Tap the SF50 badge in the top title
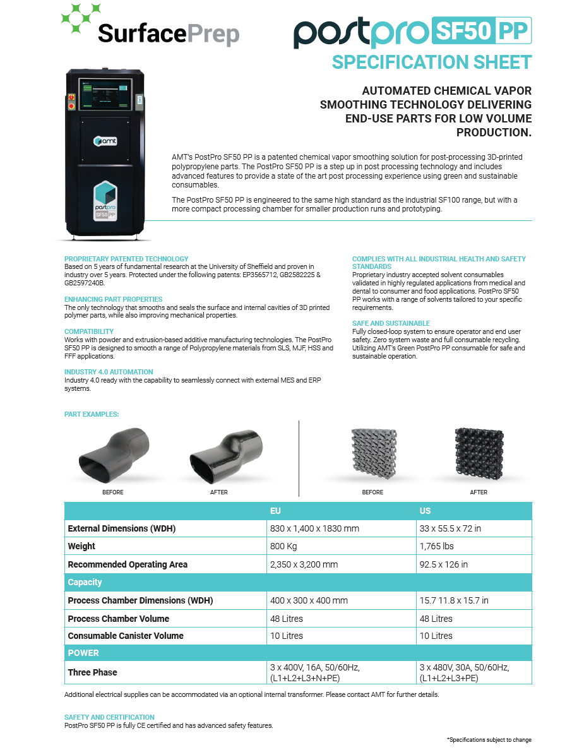462,30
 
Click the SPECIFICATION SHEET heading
432,62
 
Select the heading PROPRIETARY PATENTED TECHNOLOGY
126,259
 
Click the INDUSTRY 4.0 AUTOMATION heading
109,372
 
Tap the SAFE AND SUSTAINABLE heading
391,323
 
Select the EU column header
275,511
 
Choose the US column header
425,511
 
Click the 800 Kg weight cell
283,546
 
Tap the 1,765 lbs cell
436,546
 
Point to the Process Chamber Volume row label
119,619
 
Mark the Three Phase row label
92,672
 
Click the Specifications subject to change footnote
489,739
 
